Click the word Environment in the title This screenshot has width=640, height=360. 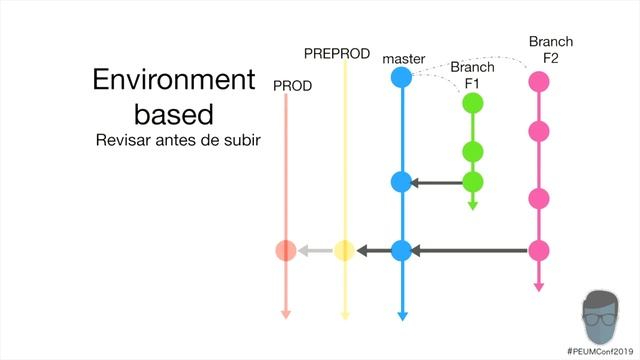coord(174,81)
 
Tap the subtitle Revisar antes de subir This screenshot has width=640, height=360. coord(177,140)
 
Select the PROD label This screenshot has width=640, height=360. coord(293,86)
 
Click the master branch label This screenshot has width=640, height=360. coord(404,59)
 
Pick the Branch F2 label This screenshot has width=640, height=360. coord(550,50)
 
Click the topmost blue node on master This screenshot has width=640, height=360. coord(401,77)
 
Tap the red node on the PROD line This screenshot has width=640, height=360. coord(285,251)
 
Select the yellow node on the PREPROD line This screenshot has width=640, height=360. coord(344,251)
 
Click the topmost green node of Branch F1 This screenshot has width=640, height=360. coord(473,102)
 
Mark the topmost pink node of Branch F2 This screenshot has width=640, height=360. coord(539,81)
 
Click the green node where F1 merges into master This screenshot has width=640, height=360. coord(473,182)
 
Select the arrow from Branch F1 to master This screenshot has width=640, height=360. coord(436,182)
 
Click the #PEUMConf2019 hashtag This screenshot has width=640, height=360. coord(601,352)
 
